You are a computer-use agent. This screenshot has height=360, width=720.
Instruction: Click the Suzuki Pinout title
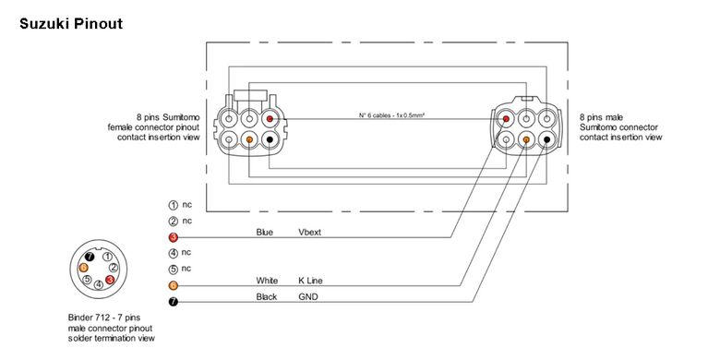71,23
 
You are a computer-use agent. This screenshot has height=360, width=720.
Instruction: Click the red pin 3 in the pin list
174,237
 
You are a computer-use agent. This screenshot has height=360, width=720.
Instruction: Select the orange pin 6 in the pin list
174,285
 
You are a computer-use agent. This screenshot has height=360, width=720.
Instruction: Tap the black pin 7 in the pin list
174,302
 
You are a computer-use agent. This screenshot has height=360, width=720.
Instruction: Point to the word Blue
265,233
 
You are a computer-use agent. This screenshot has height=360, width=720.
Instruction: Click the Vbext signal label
310,233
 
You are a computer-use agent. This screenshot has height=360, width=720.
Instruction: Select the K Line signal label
310,281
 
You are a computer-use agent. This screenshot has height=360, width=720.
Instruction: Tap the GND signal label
308,296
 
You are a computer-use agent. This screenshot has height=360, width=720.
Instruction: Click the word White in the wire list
267,281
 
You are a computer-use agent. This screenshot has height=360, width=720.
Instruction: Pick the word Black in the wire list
267,296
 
